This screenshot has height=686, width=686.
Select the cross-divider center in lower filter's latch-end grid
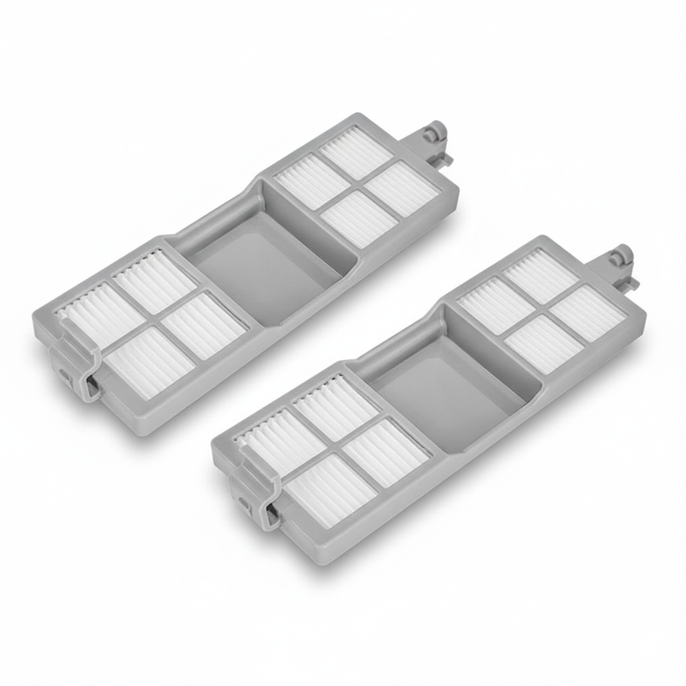[336, 444]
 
